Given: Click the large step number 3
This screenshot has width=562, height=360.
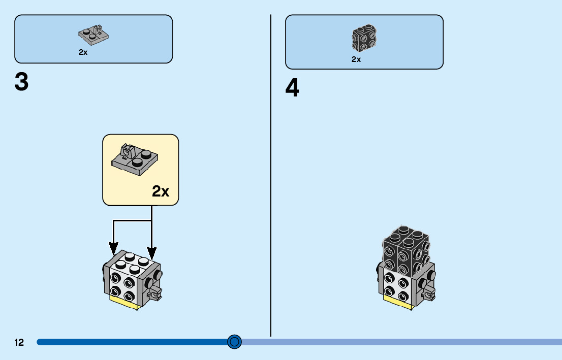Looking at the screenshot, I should [x=21, y=83].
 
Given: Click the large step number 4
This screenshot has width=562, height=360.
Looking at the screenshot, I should [x=292, y=89].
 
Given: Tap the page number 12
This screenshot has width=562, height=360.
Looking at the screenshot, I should [x=19, y=343].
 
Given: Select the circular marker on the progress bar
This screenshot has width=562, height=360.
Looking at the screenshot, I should [x=234, y=342].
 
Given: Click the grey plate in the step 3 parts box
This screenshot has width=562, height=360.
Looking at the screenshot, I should [x=95, y=34].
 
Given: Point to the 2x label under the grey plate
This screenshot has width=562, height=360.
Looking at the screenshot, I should [x=83, y=52].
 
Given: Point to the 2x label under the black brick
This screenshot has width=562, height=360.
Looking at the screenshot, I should [x=356, y=59].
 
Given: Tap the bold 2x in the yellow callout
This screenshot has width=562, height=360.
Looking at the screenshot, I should [x=161, y=191].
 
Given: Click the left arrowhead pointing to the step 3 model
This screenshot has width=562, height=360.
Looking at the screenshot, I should [x=113, y=249].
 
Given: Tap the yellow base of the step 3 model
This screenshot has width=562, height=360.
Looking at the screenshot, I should [x=125, y=303].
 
